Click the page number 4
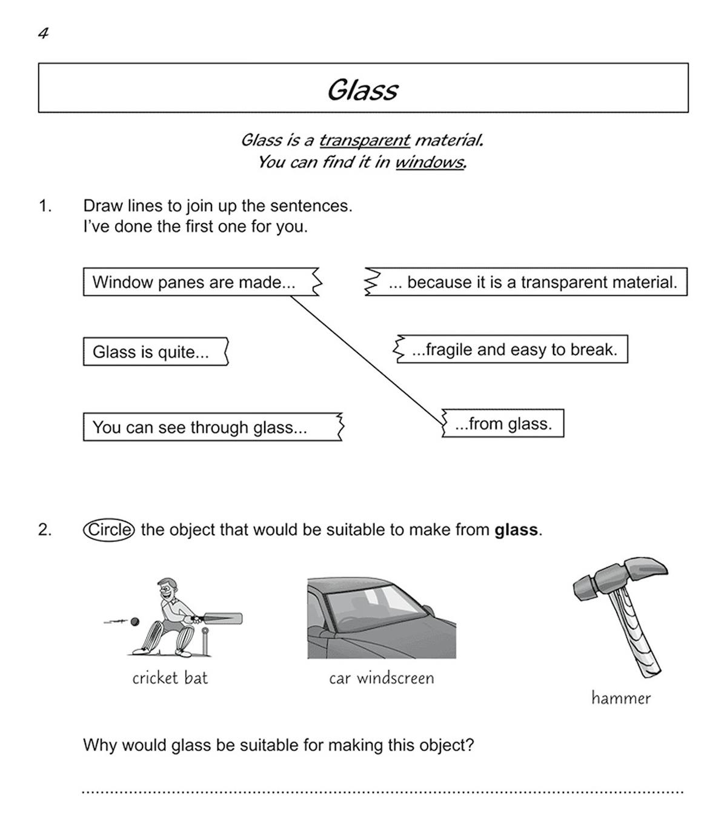(43, 34)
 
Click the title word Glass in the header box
(362, 90)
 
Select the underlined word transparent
(364, 140)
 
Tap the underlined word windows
(430, 162)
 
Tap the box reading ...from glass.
(503, 423)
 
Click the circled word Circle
(108, 530)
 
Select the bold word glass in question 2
(516, 530)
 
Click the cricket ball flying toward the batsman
(135, 621)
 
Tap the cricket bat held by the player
(221, 619)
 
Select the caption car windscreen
(382, 678)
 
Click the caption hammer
(621, 698)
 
